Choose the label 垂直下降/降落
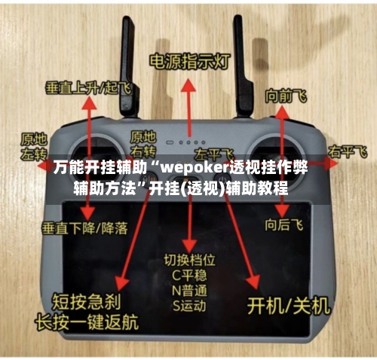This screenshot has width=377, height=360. pos(86,227)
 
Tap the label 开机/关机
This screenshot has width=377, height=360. pos(290,306)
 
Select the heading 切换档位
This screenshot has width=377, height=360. pos(190,259)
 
